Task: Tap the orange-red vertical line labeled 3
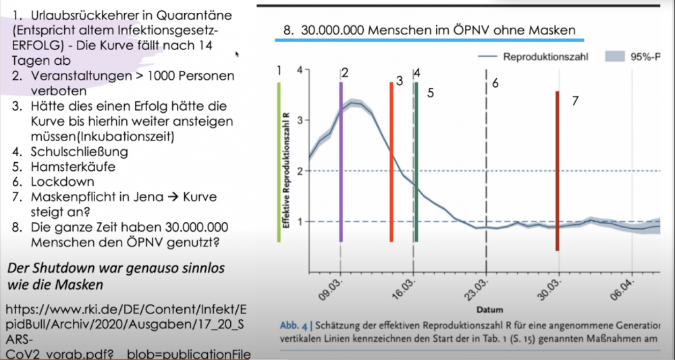(x=391, y=162)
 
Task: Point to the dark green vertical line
(x=416, y=162)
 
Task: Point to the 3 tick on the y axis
(x=298, y=120)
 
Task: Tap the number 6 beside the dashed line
(x=495, y=84)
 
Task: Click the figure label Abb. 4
(x=294, y=325)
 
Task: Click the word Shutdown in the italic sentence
(x=59, y=268)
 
